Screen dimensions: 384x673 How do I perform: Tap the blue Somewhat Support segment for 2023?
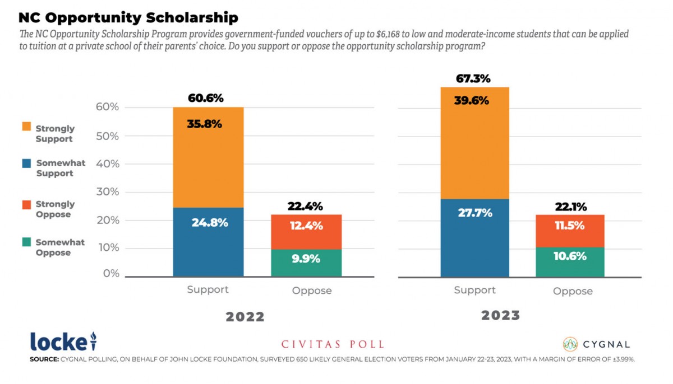click(x=475, y=238)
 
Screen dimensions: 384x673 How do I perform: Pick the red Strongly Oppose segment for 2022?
click(x=306, y=232)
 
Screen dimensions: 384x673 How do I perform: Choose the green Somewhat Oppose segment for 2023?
click(x=570, y=262)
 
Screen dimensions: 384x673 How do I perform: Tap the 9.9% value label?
click(x=306, y=259)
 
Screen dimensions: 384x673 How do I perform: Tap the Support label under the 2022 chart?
click(x=208, y=290)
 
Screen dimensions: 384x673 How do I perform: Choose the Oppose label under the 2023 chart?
click(x=573, y=291)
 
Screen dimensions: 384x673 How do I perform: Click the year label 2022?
click(x=245, y=317)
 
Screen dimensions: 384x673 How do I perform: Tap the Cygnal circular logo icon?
click(x=570, y=344)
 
